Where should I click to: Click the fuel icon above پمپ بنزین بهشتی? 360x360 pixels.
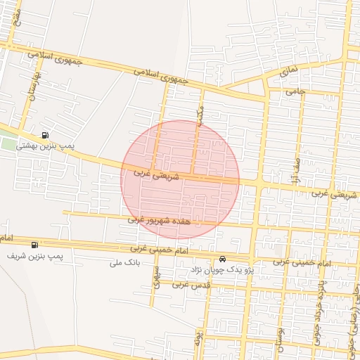coord(46,135)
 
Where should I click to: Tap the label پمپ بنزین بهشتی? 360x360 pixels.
coord(67,145)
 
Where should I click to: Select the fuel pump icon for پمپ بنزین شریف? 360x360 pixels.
coord(34,245)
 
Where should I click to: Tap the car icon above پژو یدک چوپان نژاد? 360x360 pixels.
coord(223,259)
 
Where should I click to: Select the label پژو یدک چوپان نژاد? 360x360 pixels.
coord(222,269)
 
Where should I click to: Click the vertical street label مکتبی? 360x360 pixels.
coord(200,115)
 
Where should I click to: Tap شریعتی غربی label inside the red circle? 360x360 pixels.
coord(156,174)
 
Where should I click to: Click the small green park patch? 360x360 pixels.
coord(7,144)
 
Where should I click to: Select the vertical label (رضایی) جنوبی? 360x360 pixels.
coord(354,309)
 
